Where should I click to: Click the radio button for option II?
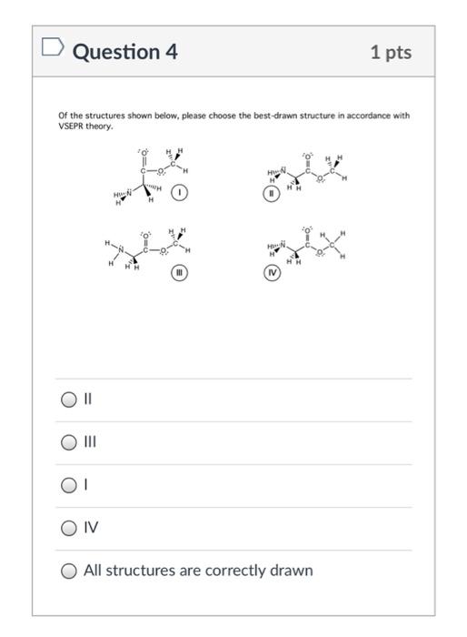69,399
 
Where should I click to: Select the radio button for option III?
69,442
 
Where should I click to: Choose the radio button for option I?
69,485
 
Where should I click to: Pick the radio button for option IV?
69,528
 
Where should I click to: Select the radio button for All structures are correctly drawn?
69,571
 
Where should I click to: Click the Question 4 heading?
124,52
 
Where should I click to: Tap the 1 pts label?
391,52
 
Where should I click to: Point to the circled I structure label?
182,194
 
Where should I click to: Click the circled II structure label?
269,194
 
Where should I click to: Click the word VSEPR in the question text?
73,126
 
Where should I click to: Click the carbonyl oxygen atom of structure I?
143,149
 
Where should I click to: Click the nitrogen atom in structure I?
129,193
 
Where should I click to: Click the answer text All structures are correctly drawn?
198,571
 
